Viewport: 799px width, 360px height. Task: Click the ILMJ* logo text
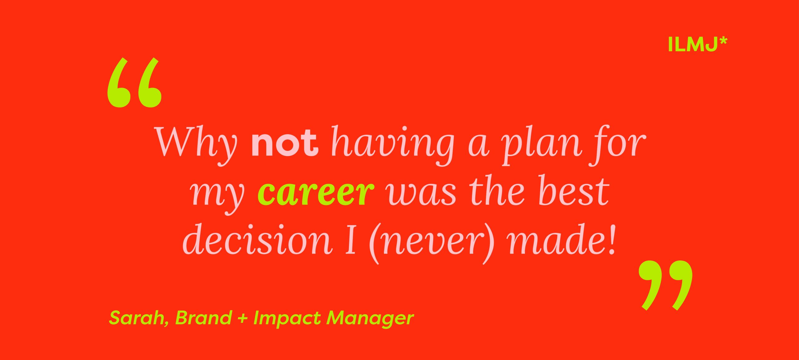coord(697,44)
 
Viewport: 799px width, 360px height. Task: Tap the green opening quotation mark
coord(135,82)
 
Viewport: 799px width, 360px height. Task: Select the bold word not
coord(285,142)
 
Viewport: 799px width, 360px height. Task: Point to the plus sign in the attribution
coord(243,318)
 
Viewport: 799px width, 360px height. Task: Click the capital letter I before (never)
coord(351,239)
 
